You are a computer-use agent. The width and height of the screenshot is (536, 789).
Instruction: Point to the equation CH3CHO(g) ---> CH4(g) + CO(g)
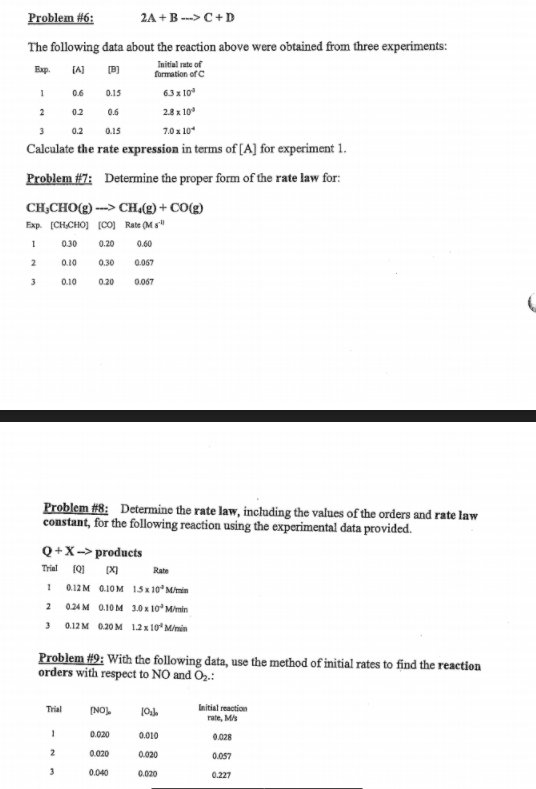tap(109, 208)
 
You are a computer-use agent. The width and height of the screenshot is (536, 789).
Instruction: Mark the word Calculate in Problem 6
tap(50, 148)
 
